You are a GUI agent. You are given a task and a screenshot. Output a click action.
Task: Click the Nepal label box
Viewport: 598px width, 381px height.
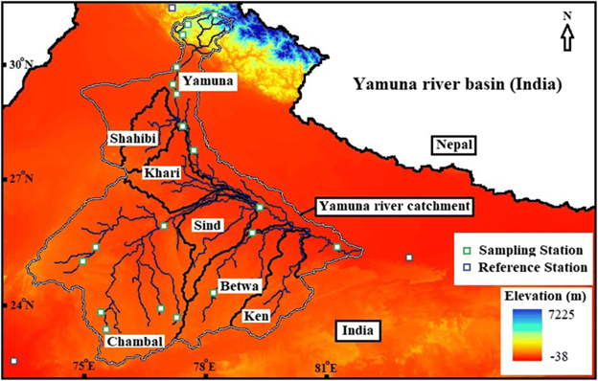[454, 146]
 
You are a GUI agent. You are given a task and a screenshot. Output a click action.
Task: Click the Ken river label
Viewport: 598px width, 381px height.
[253, 315]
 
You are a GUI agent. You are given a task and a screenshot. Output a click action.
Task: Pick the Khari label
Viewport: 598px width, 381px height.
[155, 173]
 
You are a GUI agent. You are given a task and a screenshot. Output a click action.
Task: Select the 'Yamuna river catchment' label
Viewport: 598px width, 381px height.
[394, 206]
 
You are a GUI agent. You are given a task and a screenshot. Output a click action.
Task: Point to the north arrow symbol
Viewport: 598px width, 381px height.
[566, 35]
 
